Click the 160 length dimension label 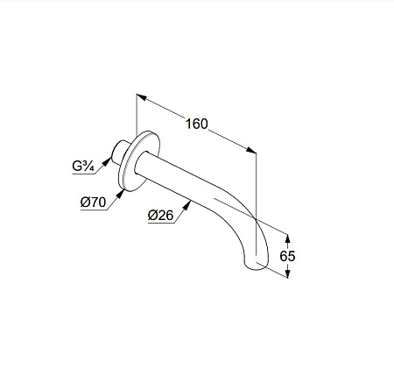197,124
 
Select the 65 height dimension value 287,256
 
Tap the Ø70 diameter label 93,202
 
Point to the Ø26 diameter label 160,216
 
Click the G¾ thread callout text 83,167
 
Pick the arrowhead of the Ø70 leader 120,194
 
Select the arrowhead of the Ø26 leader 186,205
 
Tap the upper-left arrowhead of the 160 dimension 142,96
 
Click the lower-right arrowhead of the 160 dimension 251,150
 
